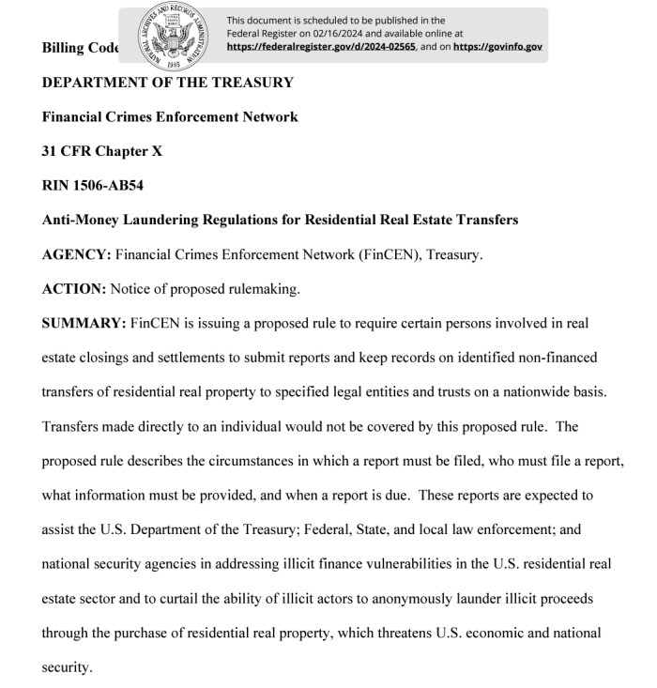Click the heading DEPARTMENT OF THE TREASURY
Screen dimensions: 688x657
click(x=168, y=83)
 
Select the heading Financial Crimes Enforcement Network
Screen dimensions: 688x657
click(x=170, y=117)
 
